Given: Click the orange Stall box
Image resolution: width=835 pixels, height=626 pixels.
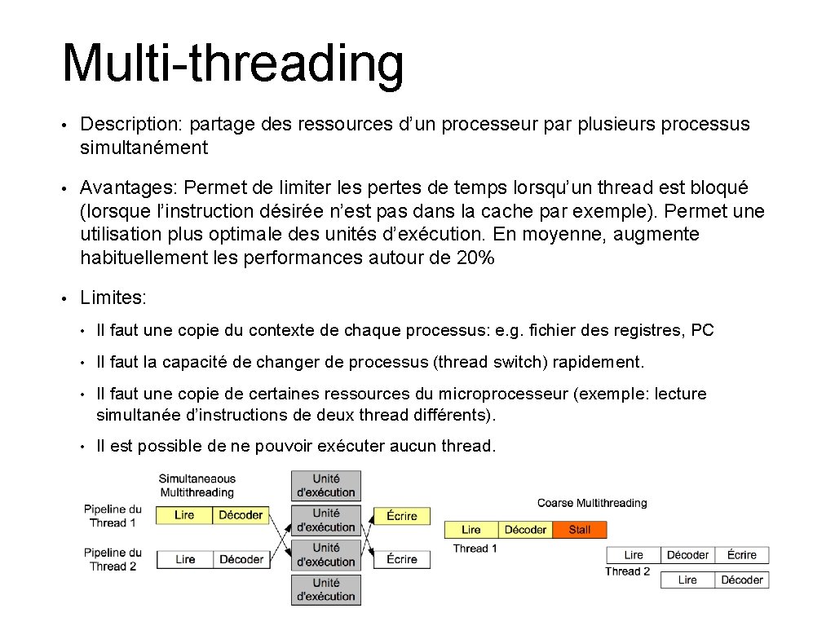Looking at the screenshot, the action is point(580,530).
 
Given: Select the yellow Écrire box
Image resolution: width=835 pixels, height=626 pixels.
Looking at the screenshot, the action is point(401,516).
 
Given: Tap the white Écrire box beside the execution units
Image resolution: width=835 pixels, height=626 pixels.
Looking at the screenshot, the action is point(401,559).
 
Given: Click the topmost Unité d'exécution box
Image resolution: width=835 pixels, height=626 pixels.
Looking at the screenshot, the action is point(325,486).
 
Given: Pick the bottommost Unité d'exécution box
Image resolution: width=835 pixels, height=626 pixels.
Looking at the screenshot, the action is point(325,589).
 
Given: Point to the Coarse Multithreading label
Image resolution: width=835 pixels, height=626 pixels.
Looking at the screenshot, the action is point(591,503).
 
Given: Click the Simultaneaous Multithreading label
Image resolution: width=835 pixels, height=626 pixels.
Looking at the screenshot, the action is point(197,486).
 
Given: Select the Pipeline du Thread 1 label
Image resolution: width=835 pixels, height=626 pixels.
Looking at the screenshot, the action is point(113,516).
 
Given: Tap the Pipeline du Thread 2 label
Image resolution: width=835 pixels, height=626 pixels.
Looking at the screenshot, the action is point(113,559).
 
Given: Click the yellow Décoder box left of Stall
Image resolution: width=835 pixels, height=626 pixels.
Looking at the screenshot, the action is point(525,530).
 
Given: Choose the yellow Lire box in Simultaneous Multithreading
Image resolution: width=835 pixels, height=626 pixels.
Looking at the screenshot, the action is point(184,515).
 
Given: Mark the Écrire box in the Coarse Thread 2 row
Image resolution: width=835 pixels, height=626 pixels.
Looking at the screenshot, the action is point(741,555).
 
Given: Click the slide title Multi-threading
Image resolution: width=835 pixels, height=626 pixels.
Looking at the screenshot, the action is point(232,63).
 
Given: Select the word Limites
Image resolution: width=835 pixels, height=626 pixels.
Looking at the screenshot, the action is point(113,298).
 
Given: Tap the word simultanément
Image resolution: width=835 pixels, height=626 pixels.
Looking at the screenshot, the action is point(144,148).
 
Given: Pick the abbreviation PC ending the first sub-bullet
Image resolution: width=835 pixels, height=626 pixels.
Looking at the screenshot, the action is point(702,330).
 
